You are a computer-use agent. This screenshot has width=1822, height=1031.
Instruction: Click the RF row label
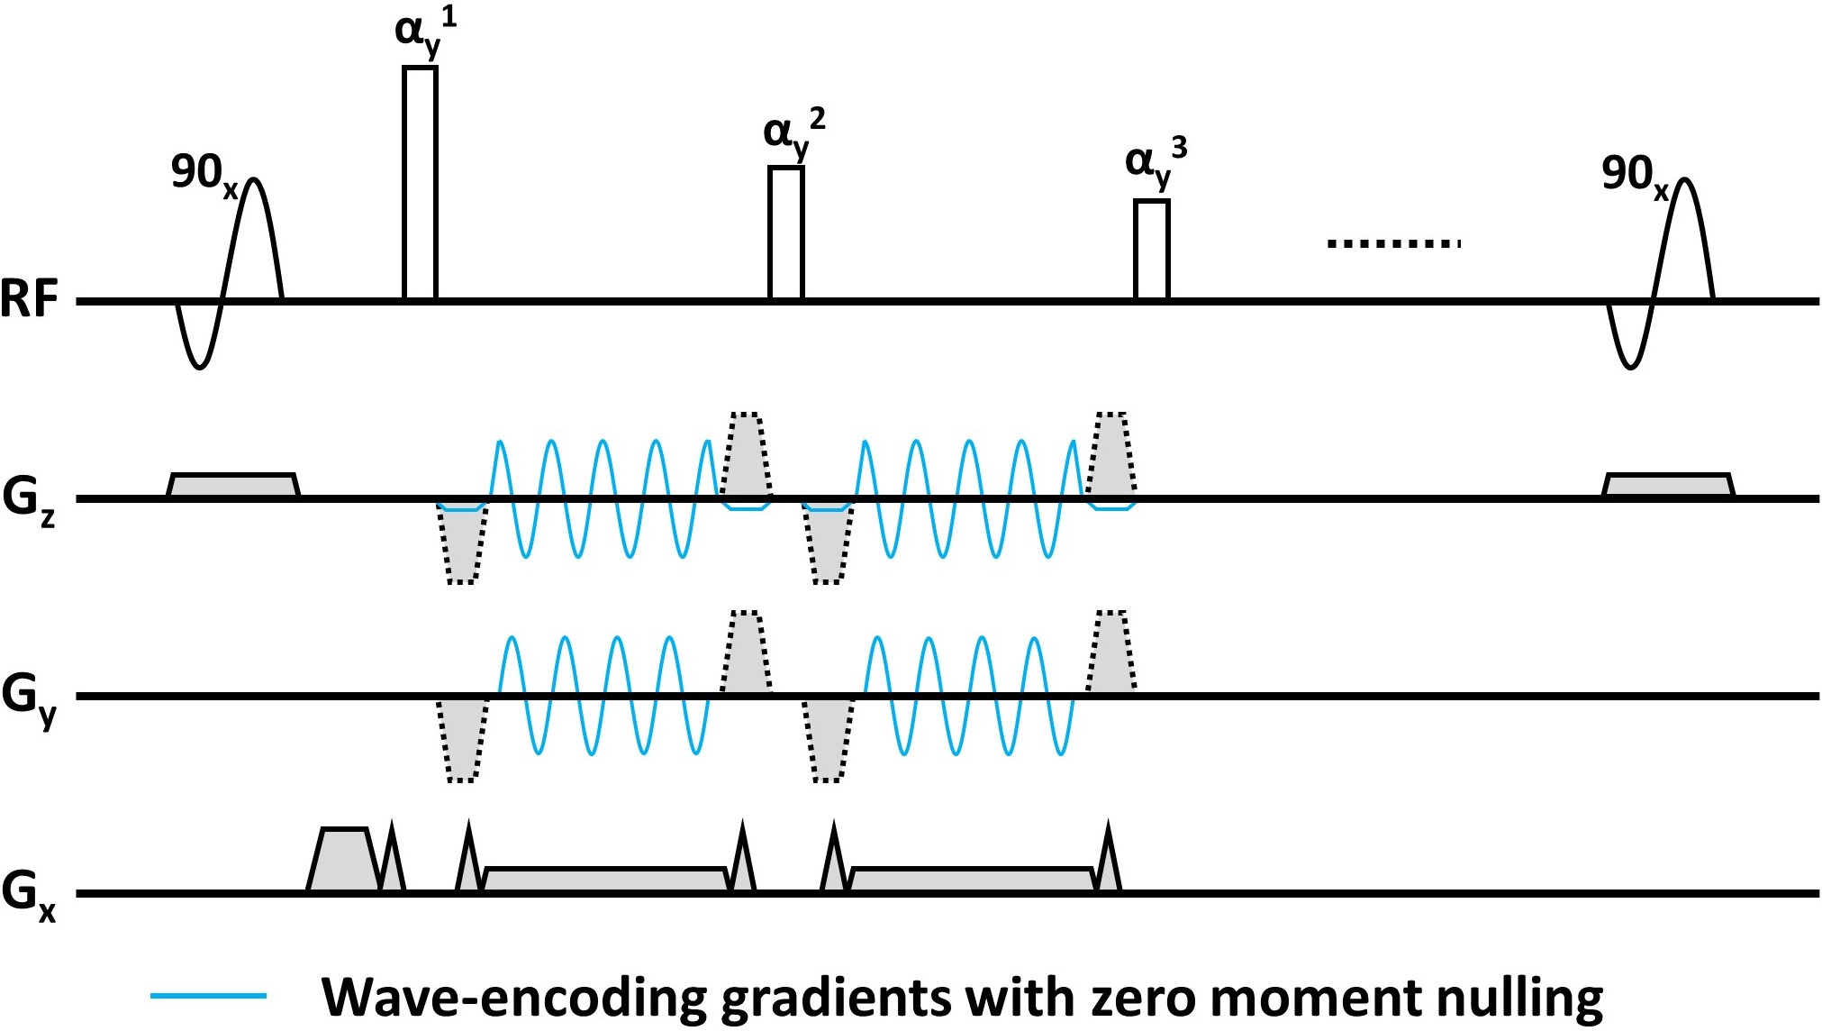coord(29,300)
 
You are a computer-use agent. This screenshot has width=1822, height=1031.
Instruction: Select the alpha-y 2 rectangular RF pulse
coord(785,233)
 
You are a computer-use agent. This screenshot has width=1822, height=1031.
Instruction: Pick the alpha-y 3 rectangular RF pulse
coord(1151,249)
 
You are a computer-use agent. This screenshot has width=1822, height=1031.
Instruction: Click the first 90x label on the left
coord(204,173)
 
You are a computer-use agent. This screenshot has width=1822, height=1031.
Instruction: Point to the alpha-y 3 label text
coord(1156,163)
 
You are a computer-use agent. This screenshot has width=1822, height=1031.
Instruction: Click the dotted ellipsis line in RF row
coord(1393,243)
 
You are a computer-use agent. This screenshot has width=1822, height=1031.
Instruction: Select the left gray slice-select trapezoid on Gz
coord(233,485)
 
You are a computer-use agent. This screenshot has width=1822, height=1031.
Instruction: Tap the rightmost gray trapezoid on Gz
coord(1668,485)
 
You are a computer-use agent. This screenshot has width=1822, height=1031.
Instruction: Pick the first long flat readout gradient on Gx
coord(605,880)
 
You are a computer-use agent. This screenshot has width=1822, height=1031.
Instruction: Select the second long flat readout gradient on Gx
coord(973,880)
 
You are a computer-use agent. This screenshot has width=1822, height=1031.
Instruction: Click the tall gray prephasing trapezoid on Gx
coord(344,860)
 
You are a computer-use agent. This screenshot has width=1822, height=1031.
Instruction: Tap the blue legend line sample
coord(209,996)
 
